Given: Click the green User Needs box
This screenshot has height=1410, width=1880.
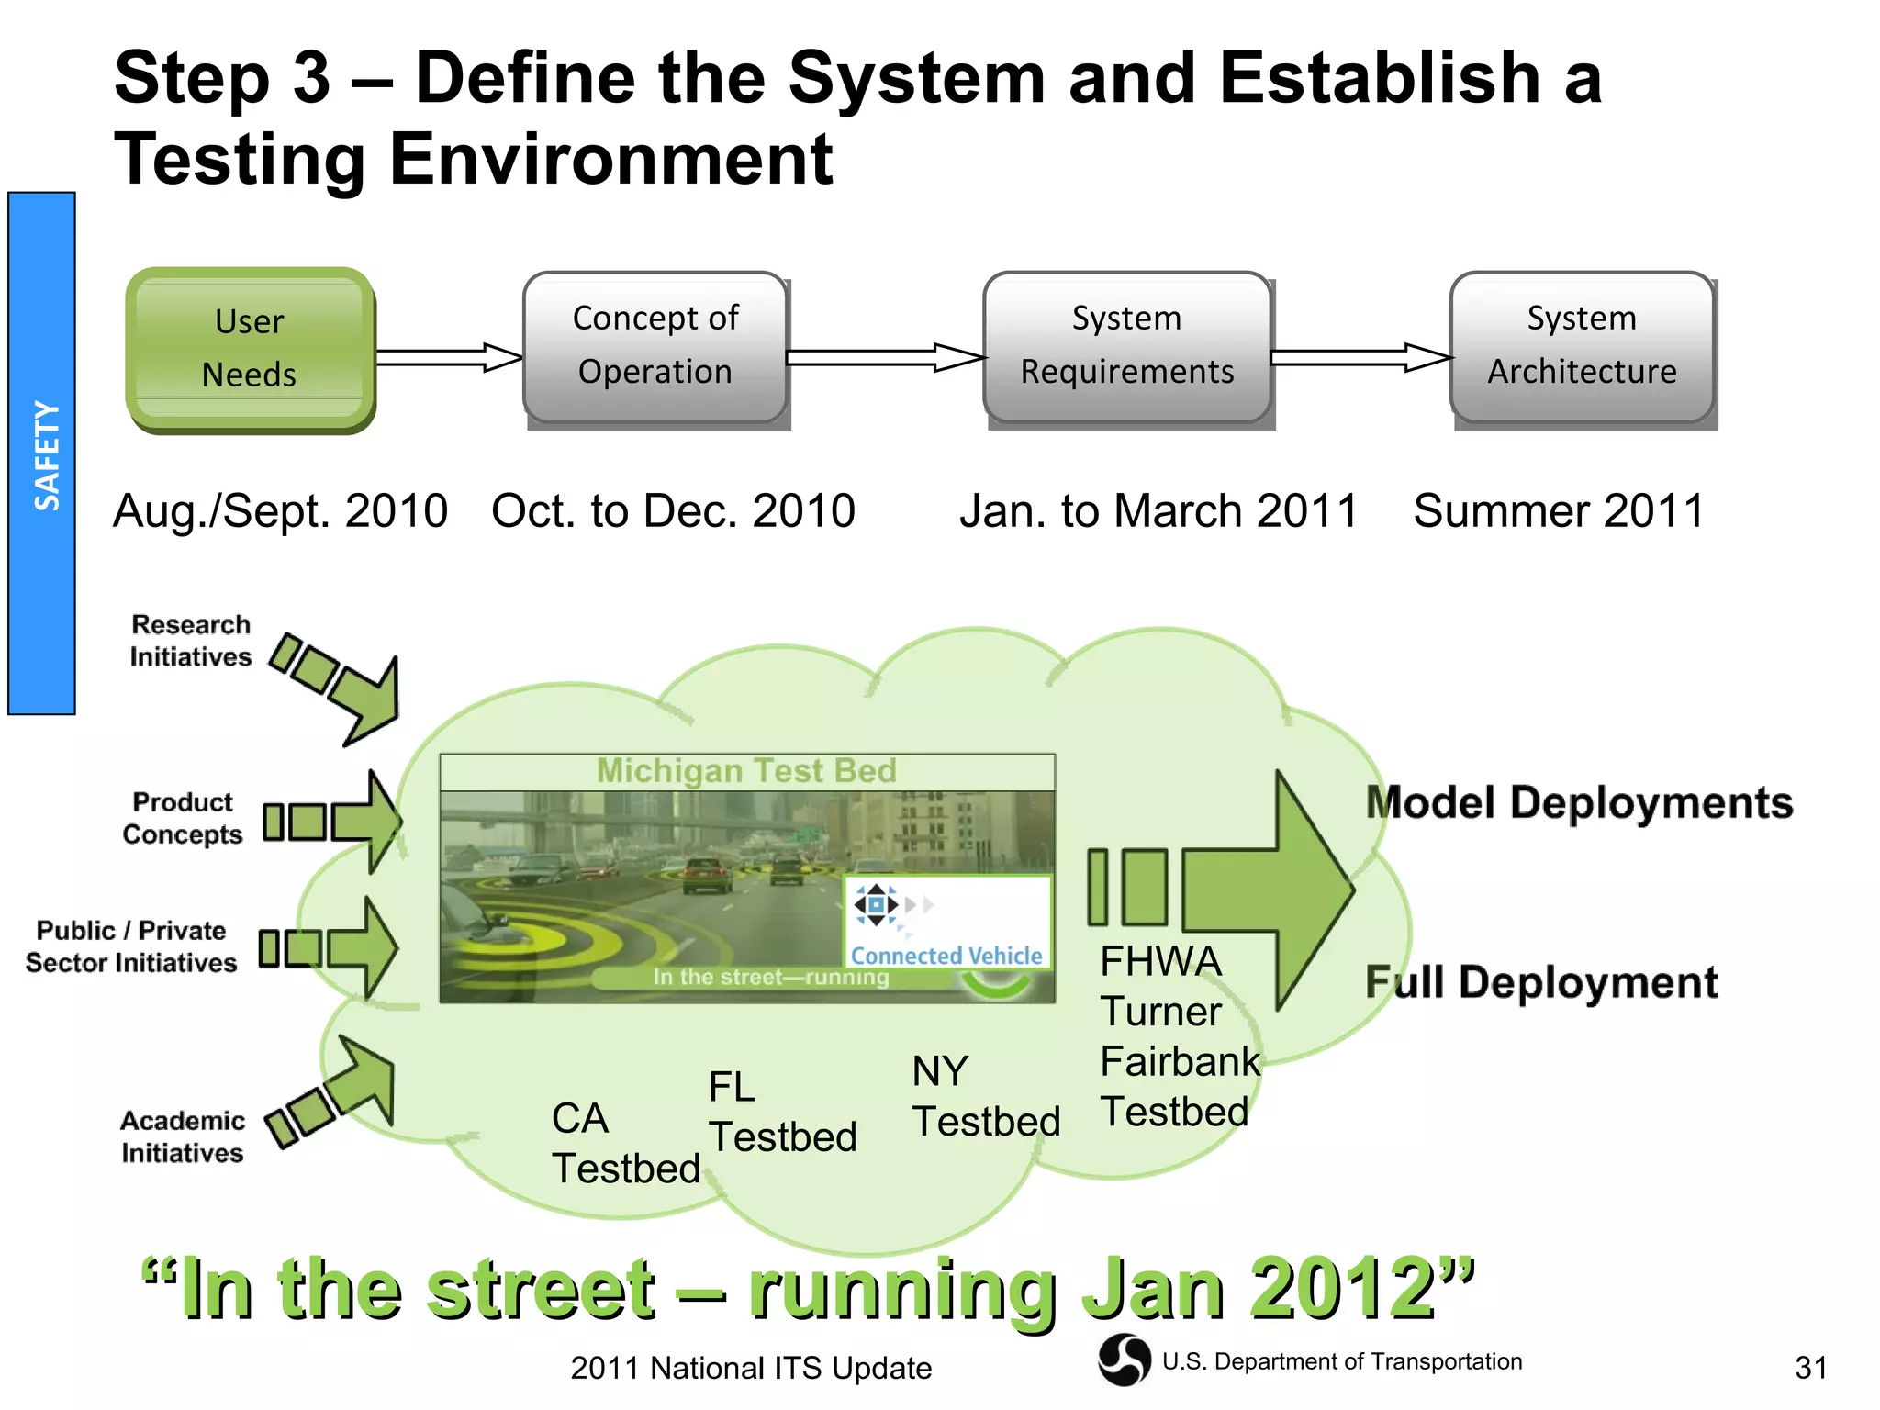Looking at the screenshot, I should [x=250, y=350].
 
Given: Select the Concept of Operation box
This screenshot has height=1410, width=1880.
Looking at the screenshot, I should [x=655, y=348].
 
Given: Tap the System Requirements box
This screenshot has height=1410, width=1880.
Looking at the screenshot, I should [x=1127, y=348].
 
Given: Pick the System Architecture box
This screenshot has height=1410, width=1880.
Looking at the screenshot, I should [x=1582, y=348].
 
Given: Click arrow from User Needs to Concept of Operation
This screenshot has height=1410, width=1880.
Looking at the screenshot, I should [x=448, y=357].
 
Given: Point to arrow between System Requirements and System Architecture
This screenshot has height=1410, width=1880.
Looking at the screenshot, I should [x=1360, y=357].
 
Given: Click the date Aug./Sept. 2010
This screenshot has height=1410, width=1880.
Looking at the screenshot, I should [x=280, y=511].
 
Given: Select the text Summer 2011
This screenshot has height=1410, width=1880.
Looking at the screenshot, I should [x=1558, y=511].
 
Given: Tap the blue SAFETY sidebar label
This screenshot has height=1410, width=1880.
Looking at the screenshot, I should [x=42, y=453].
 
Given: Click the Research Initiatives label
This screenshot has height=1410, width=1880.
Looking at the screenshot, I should [x=190, y=641].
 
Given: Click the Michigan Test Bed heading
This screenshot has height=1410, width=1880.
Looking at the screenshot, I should [x=746, y=771].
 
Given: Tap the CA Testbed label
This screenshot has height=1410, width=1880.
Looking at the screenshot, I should [x=624, y=1144].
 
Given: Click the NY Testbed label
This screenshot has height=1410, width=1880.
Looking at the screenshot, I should [x=984, y=1097].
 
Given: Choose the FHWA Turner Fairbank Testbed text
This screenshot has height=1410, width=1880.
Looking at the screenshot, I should [x=1178, y=1037].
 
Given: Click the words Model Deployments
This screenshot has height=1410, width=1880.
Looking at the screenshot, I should [x=1579, y=803].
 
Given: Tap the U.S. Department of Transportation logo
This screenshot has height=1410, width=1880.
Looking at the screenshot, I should [x=1124, y=1360].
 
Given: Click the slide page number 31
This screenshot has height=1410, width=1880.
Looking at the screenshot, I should [x=1810, y=1368].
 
